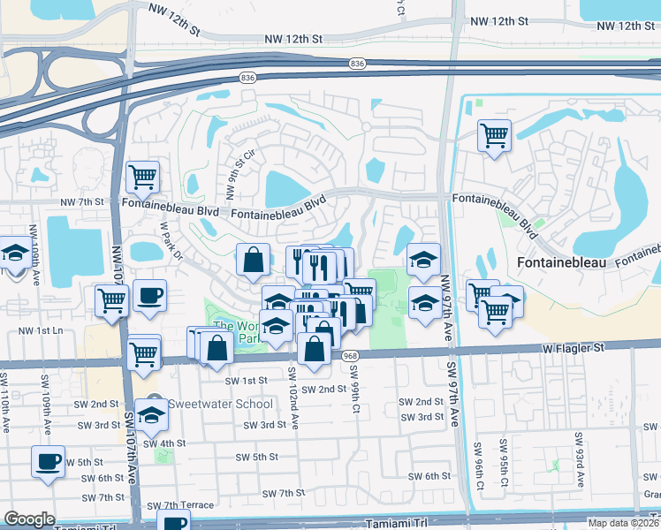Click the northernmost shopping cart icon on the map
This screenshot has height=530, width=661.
tap(494, 135)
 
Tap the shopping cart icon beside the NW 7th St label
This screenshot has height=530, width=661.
tap(141, 177)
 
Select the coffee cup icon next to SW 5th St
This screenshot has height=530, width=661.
tap(48, 460)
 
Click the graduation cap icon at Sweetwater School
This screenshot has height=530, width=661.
tap(152, 413)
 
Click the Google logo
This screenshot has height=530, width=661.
tap(29, 519)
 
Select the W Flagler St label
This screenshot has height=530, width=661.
tap(574, 348)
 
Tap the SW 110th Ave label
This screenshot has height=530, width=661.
tap(7, 407)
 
